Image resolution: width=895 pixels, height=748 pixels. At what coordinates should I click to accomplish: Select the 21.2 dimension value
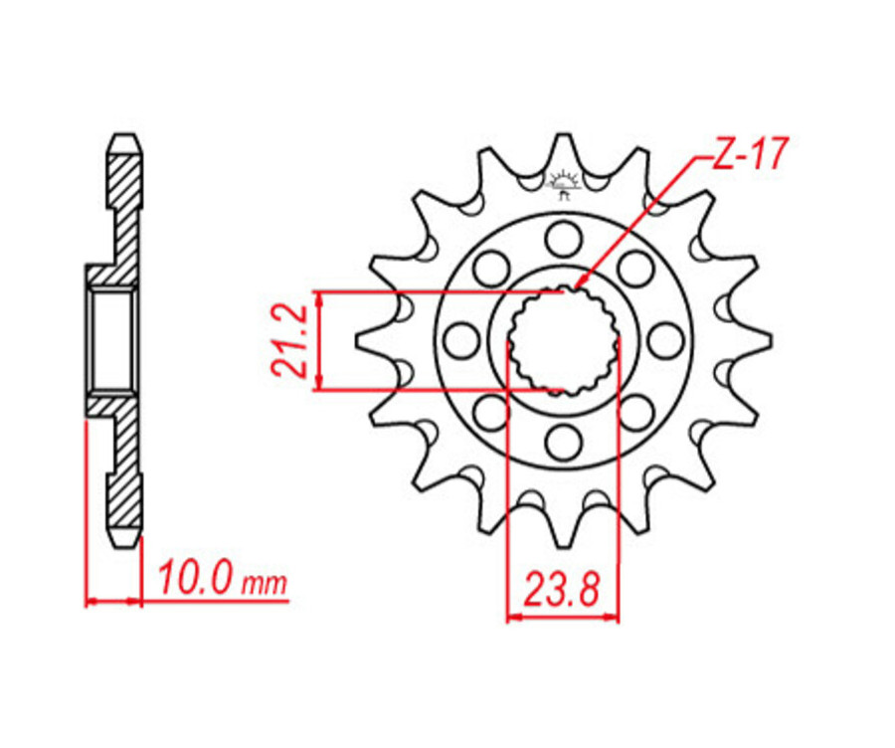pyautogui.click(x=287, y=340)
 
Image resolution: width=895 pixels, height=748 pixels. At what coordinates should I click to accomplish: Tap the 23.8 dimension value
pyautogui.click(x=562, y=591)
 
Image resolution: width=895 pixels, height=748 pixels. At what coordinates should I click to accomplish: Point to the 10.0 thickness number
pyautogui.click(x=195, y=577)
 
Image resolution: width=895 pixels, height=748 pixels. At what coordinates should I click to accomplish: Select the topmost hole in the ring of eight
pyautogui.click(x=563, y=239)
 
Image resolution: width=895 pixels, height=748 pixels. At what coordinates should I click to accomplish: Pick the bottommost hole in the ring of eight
pyautogui.click(x=563, y=441)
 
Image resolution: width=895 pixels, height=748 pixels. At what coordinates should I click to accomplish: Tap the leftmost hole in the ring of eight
pyautogui.click(x=461, y=340)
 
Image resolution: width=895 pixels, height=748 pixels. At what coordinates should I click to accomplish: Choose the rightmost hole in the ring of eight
pyautogui.click(x=664, y=340)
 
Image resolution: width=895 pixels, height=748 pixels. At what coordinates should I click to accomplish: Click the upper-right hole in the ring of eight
pyautogui.click(x=634, y=268)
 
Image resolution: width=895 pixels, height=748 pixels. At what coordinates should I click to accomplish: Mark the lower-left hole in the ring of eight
pyautogui.click(x=491, y=412)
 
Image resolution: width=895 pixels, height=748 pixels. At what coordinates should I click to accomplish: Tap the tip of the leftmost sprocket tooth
pyautogui.click(x=357, y=340)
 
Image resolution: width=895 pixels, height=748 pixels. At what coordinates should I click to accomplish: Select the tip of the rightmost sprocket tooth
pyautogui.click(x=769, y=340)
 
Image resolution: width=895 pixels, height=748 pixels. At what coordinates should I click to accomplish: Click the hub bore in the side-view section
pyautogui.click(x=110, y=340)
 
